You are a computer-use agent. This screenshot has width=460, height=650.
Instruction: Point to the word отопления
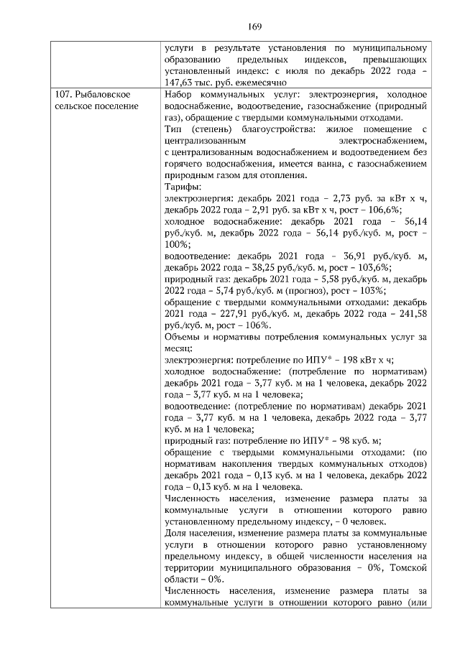click(x=283, y=176)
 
